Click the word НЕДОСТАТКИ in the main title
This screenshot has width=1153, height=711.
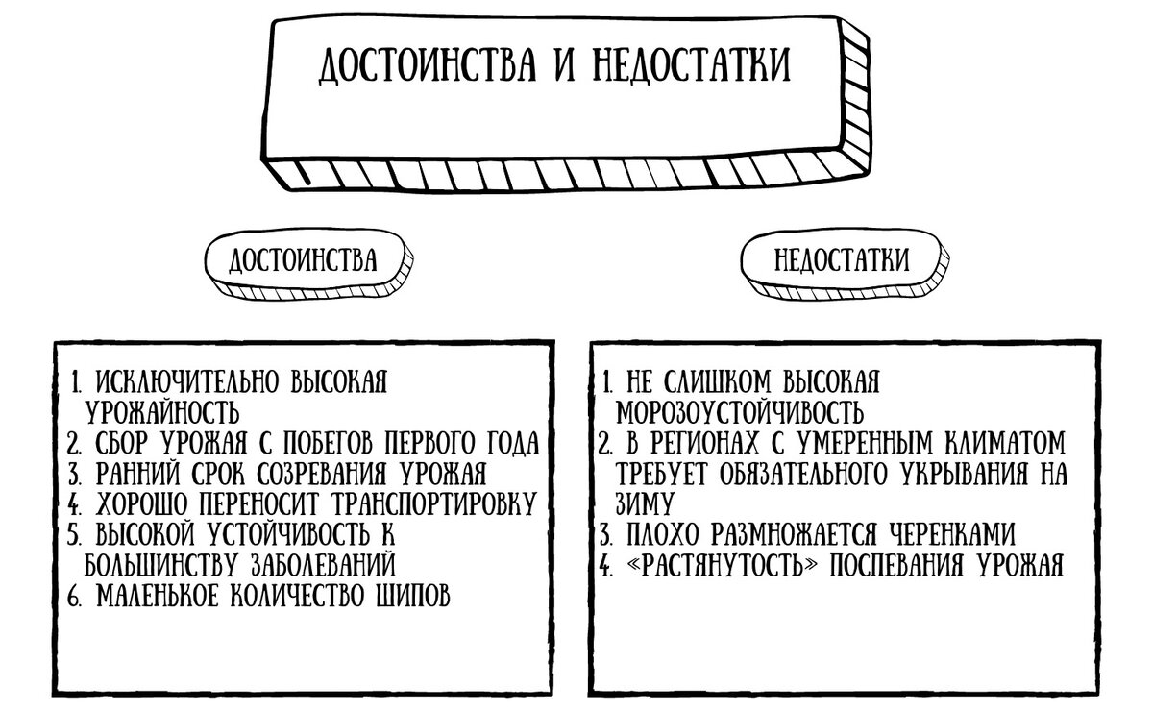(691, 65)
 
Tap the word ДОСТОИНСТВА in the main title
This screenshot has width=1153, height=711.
(427, 65)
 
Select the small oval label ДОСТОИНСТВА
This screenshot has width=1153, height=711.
(308, 263)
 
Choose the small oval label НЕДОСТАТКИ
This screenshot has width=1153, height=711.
(845, 263)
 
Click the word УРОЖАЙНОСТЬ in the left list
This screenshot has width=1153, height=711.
(162, 412)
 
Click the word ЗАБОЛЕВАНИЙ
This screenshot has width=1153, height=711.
(323, 565)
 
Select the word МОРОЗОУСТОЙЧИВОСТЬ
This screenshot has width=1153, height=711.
(740, 412)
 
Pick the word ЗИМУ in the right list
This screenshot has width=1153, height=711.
(645, 503)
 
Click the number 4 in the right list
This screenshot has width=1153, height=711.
(606, 566)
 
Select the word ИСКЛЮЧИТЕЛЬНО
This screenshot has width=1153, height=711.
(187, 381)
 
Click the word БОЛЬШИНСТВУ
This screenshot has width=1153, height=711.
(161, 565)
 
